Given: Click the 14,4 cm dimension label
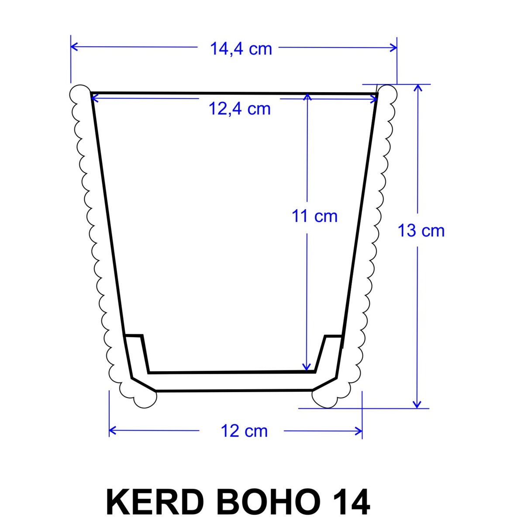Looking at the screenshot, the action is point(241,49).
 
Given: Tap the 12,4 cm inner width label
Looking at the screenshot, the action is point(240,109).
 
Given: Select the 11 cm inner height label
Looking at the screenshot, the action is point(314,216).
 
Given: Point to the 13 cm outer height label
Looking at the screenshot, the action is point(421,231).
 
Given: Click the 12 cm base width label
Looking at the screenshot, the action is point(244,431).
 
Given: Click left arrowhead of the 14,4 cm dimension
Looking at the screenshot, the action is point(74,46).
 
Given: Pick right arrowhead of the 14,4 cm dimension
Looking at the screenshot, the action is point(393,48).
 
